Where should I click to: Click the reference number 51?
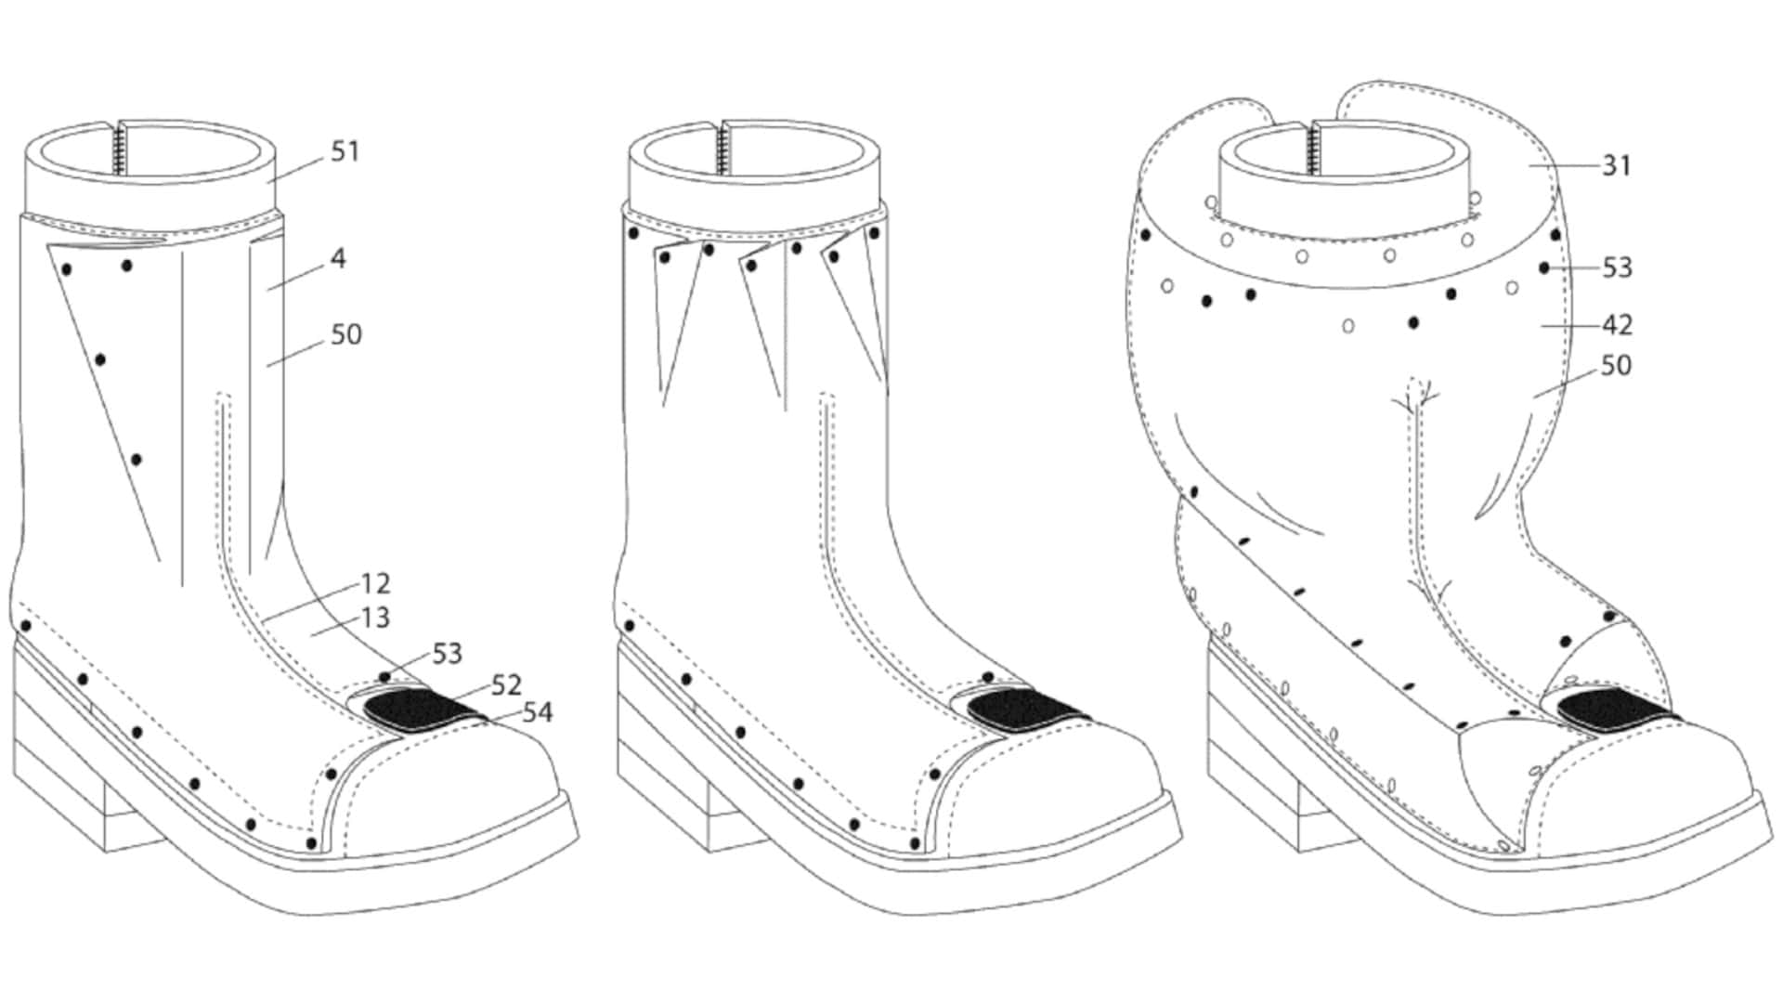click(345, 151)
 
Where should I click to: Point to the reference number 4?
click(338, 258)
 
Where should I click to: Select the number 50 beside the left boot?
click(346, 334)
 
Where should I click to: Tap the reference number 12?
click(375, 583)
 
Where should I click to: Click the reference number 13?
click(375, 618)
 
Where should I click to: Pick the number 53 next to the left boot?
click(447, 654)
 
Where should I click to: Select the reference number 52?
click(506, 685)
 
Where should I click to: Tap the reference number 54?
click(537, 712)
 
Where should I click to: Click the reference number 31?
click(1617, 165)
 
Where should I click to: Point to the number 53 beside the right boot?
click(1617, 267)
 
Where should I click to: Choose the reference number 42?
click(1617, 325)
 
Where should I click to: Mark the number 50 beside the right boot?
click(1617, 366)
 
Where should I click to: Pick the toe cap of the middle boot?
click(1054, 789)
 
